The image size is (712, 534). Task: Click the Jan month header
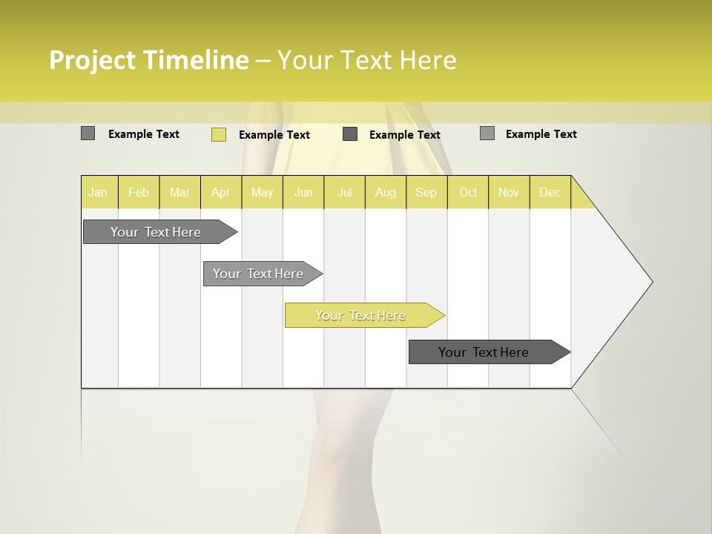pyautogui.click(x=99, y=192)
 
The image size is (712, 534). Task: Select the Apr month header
pyautogui.click(x=220, y=192)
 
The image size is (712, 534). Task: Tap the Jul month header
pyautogui.click(x=344, y=192)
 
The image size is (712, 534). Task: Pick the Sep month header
pyautogui.click(x=426, y=192)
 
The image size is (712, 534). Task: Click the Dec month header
pyautogui.click(x=550, y=192)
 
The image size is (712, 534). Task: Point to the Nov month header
pyautogui.click(x=508, y=192)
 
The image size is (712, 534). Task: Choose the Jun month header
pyautogui.click(x=303, y=192)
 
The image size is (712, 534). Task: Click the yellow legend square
pyautogui.click(x=218, y=134)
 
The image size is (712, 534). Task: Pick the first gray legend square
pyautogui.click(x=88, y=133)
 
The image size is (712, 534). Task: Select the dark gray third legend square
pyautogui.click(x=350, y=134)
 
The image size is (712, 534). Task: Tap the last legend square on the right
pyautogui.click(x=487, y=133)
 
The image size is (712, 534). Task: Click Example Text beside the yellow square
pyautogui.click(x=274, y=135)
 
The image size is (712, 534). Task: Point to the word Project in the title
pyautogui.click(x=92, y=60)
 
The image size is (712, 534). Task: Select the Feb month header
pyautogui.click(x=139, y=192)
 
